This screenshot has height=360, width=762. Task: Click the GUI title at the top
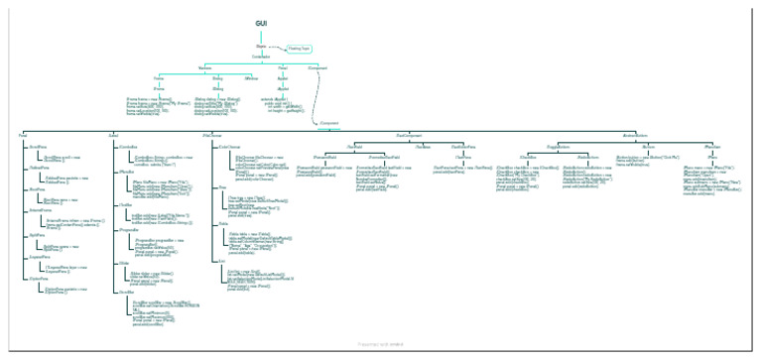(261, 21)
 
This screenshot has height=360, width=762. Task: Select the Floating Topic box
(299, 48)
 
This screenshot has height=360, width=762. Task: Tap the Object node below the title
(261, 46)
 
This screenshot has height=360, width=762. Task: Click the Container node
(261, 56)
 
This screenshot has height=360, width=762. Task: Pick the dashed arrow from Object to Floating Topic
(276, 46)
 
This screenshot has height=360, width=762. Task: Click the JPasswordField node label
(326, 156)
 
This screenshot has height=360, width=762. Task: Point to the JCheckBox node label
(529, 156)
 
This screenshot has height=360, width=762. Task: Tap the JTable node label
(223, 225)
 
